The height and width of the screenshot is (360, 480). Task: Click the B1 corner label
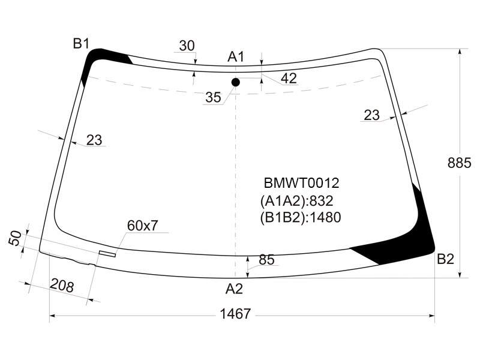81,43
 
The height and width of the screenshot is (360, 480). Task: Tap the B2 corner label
445,259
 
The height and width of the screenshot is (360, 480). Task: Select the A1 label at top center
236,57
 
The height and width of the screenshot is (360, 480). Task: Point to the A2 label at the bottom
234,289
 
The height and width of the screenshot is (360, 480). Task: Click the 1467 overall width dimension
235,314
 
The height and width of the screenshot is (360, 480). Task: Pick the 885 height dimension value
459,163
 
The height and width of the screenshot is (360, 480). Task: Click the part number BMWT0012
302,183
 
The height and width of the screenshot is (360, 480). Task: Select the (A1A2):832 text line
296,201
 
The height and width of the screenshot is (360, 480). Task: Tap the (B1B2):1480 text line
301,217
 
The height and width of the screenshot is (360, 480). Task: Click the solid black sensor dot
235,82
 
